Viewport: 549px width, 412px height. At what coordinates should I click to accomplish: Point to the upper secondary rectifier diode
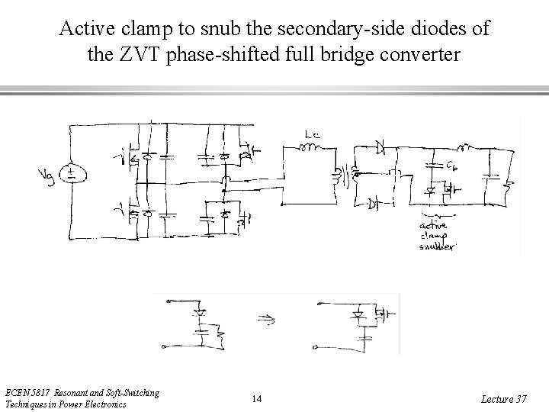pyautogui.click(x=379, y=145)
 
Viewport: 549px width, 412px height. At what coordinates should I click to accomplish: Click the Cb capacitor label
pyautogui.click(x=451, y=166)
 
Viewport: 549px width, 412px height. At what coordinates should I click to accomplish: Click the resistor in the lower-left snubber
pyautogui.click(x=219, y=336)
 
